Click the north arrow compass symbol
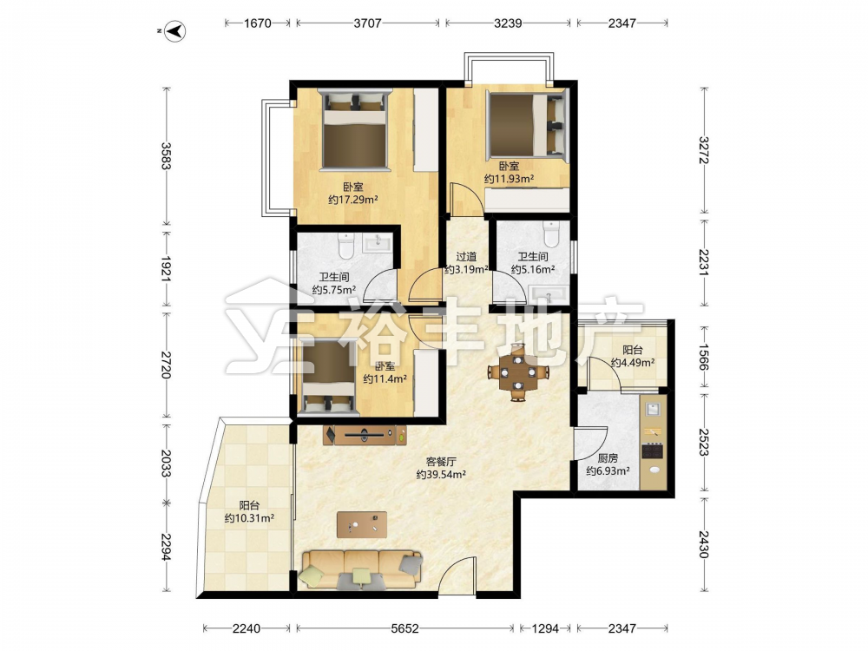[176, 31]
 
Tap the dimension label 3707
[367, 23]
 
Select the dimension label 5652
[404, 628]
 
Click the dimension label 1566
[703, 357]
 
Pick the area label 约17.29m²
[352, 200]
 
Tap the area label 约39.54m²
[441, 475]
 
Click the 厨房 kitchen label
[608, 458]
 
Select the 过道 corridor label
[466, 257]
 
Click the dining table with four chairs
[518, 372]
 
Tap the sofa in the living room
[361, 569]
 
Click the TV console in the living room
[365, 435]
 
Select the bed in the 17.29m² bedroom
[355, 128]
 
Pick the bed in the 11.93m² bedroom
[527, 124]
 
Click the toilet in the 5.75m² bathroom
[346, 247]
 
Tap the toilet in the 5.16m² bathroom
[552, 234]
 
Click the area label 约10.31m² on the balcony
[250, 519]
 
